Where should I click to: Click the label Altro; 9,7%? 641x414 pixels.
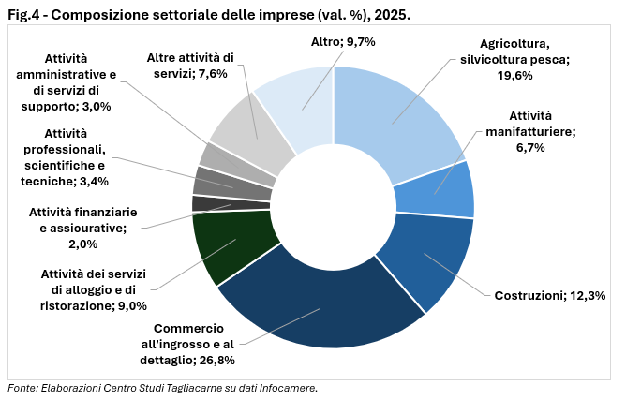tap(342, 42)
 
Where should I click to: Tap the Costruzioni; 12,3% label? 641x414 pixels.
tap(549, 296)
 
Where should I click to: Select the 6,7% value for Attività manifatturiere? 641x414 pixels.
tap(531, 148)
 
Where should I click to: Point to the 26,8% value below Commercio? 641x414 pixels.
tap(216, 360)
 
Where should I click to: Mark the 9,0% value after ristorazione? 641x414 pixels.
tap(129, 305)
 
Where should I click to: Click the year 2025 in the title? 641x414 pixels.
tap(391, 12)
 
